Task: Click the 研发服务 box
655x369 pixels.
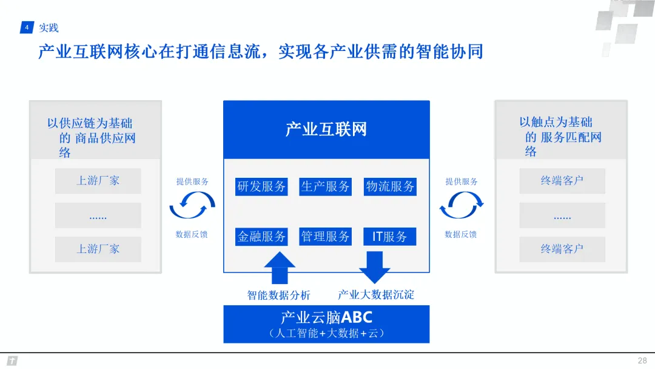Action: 261,186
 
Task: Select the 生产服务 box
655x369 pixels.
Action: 326,186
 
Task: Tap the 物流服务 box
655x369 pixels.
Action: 390,186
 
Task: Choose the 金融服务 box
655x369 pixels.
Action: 261,236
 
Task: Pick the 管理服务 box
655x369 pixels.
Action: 326,236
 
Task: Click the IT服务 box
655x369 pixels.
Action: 390,236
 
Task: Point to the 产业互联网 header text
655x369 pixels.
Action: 326,129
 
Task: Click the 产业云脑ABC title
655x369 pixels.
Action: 326,317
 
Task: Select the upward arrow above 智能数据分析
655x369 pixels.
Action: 280,268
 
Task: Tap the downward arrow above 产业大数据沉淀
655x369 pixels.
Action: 374,267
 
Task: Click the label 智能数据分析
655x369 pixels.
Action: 279,295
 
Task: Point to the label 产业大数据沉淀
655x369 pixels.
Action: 376,294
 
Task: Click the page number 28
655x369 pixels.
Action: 642,360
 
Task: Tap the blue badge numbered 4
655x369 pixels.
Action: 27,28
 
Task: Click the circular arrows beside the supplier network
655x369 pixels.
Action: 192,206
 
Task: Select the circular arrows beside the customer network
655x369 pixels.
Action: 461,206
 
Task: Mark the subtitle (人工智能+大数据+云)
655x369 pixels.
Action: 326,333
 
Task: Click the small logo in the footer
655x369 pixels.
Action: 12,361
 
